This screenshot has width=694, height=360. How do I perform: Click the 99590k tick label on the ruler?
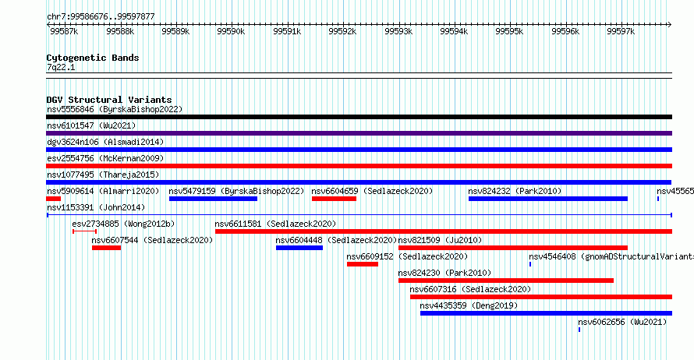click(x=231, y=31)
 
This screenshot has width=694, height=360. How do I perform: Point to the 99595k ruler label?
click(x=509, y=31)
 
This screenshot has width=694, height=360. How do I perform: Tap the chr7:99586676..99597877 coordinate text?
click(x=101, y=17)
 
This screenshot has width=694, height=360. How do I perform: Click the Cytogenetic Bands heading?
click(x=93, y=58)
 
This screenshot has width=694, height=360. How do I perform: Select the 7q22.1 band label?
click(x=61, y=67)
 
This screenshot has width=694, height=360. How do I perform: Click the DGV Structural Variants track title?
click(x=109, y=100)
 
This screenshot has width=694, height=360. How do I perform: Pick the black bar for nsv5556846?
click(x=359, y=117)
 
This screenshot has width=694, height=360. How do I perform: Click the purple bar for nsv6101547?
click(x=359, y=133)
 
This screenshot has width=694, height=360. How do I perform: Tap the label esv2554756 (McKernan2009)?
click(x=105, y=158)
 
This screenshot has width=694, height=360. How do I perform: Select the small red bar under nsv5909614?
click(x=53, y=199)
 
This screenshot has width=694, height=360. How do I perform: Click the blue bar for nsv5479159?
click(x=213, y=199)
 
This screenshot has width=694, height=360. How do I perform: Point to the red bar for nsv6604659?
click(x=334, y=199)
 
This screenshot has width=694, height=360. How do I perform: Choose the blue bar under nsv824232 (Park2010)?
click(x=548, y=199)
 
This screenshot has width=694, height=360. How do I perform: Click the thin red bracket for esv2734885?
click(x=84, y=231)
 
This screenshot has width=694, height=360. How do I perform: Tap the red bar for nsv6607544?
click(x=106, y=248)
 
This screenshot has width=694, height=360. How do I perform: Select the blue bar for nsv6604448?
click(x=299, y=248)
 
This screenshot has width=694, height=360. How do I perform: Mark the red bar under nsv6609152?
click(x=363, y=264)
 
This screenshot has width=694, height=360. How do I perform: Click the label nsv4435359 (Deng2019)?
click(x=469, y=305)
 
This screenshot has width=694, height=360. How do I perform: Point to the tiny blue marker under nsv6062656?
click(x=579, y=330)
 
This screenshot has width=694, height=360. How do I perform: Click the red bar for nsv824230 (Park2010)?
click(x=506, y=281)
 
